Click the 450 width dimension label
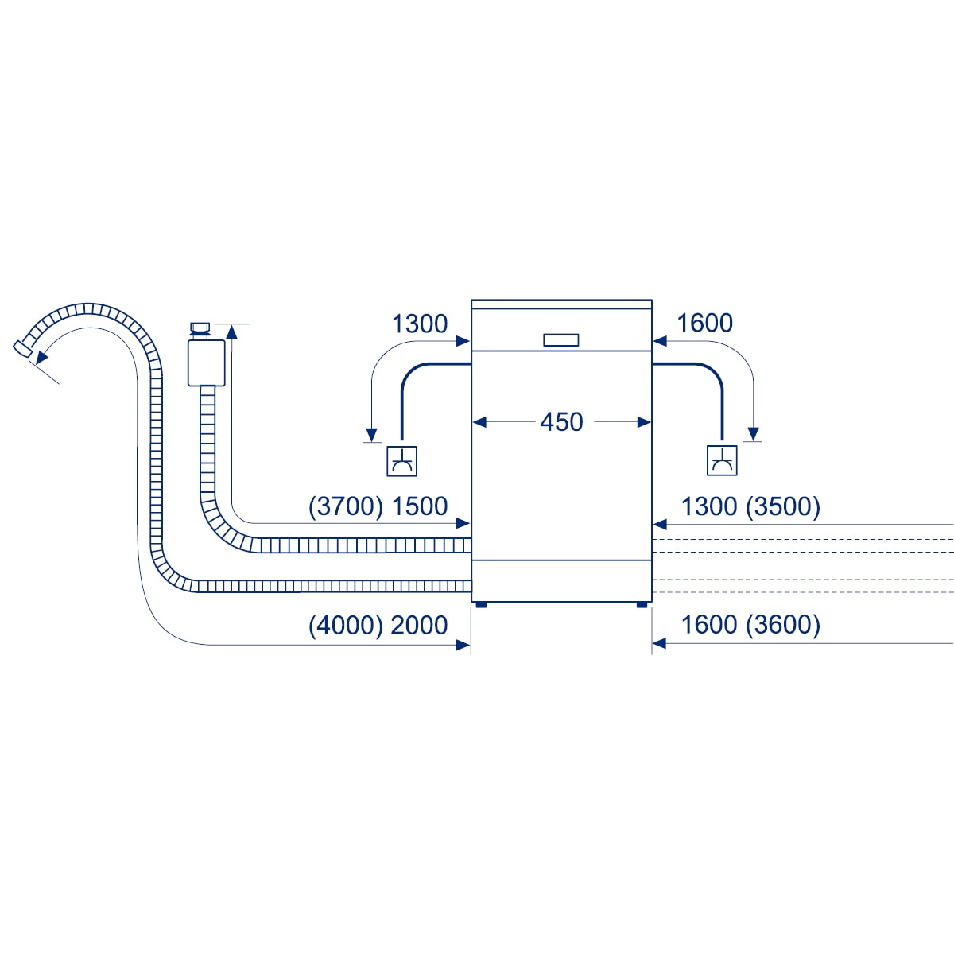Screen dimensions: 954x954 561,422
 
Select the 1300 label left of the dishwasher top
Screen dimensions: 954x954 420,324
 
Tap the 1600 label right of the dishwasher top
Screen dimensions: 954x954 704,323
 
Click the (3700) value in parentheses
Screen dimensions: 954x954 346,506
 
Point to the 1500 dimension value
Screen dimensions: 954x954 420,506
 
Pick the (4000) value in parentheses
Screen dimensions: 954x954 346,626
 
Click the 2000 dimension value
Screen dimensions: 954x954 419,626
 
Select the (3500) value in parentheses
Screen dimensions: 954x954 783,506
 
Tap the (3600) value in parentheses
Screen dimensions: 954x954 783,625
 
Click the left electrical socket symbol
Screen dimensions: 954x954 401,461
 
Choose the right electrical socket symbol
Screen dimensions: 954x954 722,460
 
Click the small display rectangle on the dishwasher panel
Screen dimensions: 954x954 561,340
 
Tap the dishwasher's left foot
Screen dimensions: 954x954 481,604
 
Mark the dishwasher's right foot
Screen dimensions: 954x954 642,604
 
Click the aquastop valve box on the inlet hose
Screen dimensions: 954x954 207,363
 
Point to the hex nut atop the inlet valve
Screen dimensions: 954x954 200,328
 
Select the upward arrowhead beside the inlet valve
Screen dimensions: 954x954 231,332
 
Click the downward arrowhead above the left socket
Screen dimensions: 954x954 371,435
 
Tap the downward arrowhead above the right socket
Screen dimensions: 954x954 753,434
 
